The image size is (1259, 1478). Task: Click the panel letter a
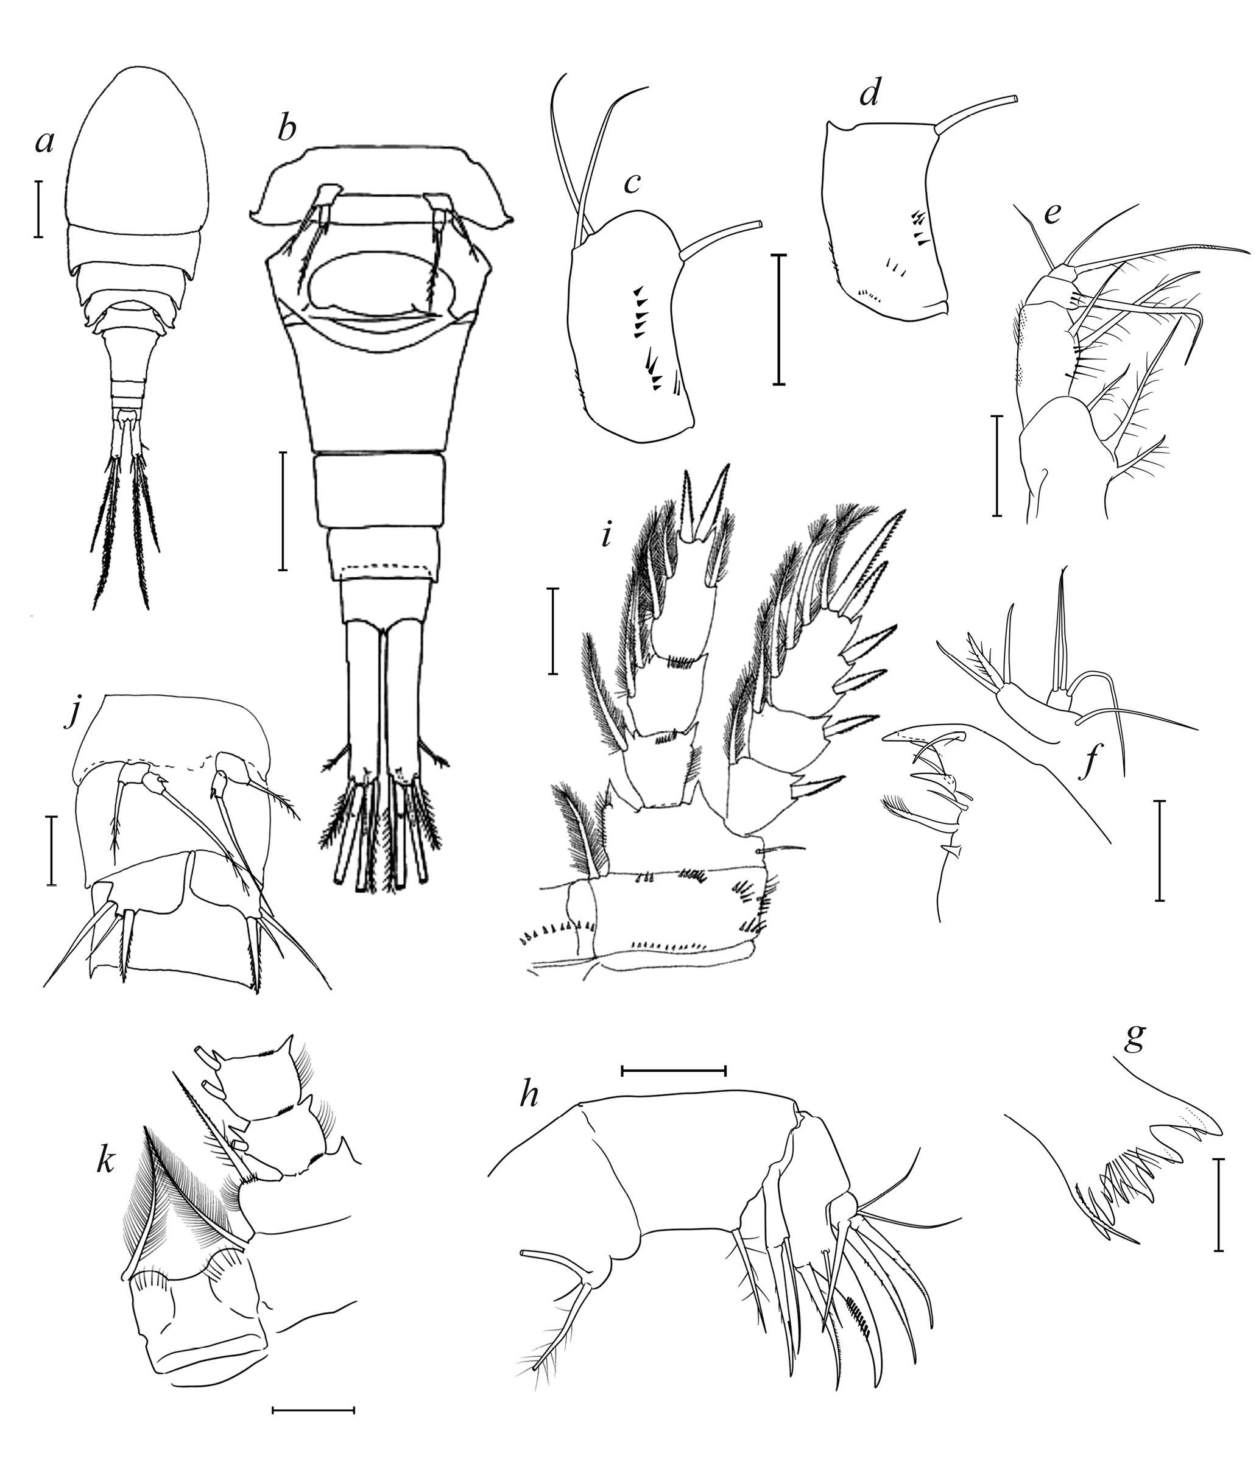(44, 143)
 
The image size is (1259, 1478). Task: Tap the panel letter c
(630, 183)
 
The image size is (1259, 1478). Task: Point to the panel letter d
(869, 96)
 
